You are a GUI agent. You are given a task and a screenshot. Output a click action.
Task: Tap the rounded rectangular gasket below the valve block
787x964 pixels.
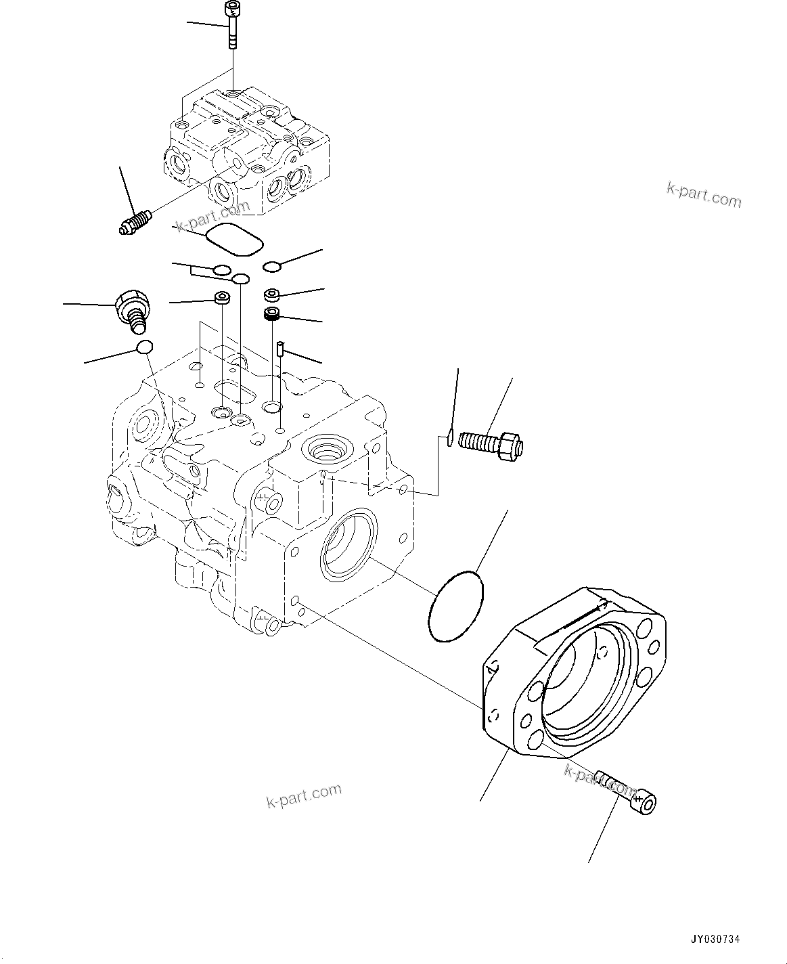(x=233, y=240)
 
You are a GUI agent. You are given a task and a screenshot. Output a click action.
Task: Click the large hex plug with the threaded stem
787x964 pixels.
(x=133, y=310)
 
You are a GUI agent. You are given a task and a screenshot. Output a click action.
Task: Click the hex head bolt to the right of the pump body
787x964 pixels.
(x=491, y=443)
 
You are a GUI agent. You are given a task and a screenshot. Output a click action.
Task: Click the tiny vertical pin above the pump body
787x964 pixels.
(x=279, y=350)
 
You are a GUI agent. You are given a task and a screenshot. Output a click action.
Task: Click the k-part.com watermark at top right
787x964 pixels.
(x=704, y=195)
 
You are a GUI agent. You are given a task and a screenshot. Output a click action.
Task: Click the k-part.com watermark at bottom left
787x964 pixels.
(x=303, y=796)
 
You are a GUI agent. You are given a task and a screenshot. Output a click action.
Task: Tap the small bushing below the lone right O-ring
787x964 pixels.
(x=272, y=294)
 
